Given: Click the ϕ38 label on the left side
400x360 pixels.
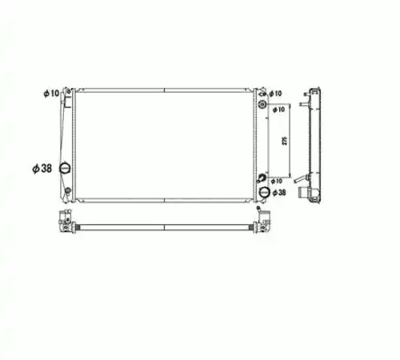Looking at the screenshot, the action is [42, 169].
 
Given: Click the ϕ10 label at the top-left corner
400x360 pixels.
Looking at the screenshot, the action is [51, 94].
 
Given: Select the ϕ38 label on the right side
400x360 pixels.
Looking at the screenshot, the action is [279, 192].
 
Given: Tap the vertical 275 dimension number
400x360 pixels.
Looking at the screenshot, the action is [284, 141].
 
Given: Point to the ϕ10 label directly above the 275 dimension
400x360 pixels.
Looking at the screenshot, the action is [278, 110].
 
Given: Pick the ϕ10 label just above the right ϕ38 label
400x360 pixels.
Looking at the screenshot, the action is [277, 182].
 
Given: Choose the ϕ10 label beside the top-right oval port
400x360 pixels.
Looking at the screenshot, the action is [275, 94].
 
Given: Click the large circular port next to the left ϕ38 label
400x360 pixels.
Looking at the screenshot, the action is [65, 168].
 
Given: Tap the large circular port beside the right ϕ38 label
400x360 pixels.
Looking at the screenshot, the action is [265, 192].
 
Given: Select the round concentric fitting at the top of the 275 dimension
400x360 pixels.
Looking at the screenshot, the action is [262, 104].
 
